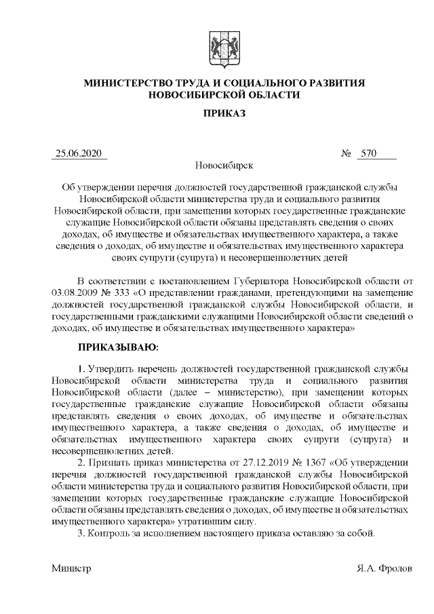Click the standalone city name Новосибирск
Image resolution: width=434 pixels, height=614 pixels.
point(224,166)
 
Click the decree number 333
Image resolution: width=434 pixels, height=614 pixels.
point(123,292)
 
